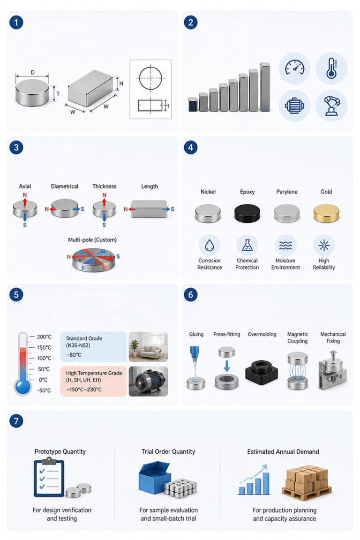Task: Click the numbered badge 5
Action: [16, 295]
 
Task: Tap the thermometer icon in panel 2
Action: [331, 68]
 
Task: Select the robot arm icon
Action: [331, 105]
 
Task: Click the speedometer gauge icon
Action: [294, 67]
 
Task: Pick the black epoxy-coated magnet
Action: [247, 213]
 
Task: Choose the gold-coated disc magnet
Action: [326, 213]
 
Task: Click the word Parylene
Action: [286, 192]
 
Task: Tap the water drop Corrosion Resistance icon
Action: [210, 245]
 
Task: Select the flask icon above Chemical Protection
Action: [247, 245]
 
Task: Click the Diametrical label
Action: [64, 186]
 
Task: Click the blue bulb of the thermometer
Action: [23, 386]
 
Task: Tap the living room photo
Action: [148, 346]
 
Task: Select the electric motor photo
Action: [148, 381]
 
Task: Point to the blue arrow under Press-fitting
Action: [227, 366]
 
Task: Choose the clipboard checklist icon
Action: [49, 477]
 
